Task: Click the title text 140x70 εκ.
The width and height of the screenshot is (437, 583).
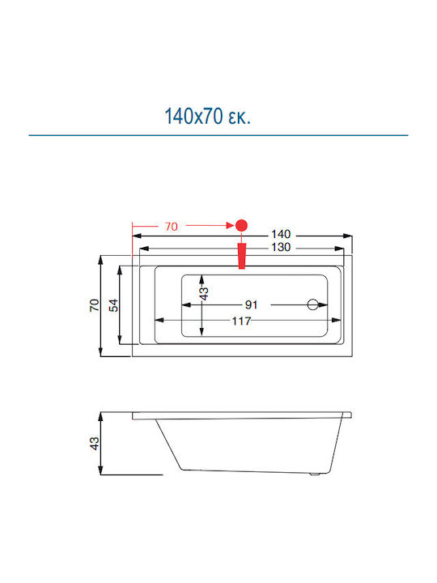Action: [x=207, y=116]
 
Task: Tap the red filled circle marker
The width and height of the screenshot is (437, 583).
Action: [x=241, y=225]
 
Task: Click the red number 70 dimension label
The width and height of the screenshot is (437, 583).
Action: [x=172, y=227]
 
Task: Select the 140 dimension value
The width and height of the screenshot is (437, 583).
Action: [x=281, y=234]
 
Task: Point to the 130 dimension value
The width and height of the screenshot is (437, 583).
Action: [x=281, y=247]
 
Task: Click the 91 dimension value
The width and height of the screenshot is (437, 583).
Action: [x=252, y=305]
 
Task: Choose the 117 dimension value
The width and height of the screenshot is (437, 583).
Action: [x=241, y=321]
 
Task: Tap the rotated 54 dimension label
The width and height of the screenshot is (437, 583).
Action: [x=113, y=305]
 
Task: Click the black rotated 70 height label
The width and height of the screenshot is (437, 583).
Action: [x=95, y=305]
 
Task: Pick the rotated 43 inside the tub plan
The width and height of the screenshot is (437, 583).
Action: [x=204, y=294]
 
